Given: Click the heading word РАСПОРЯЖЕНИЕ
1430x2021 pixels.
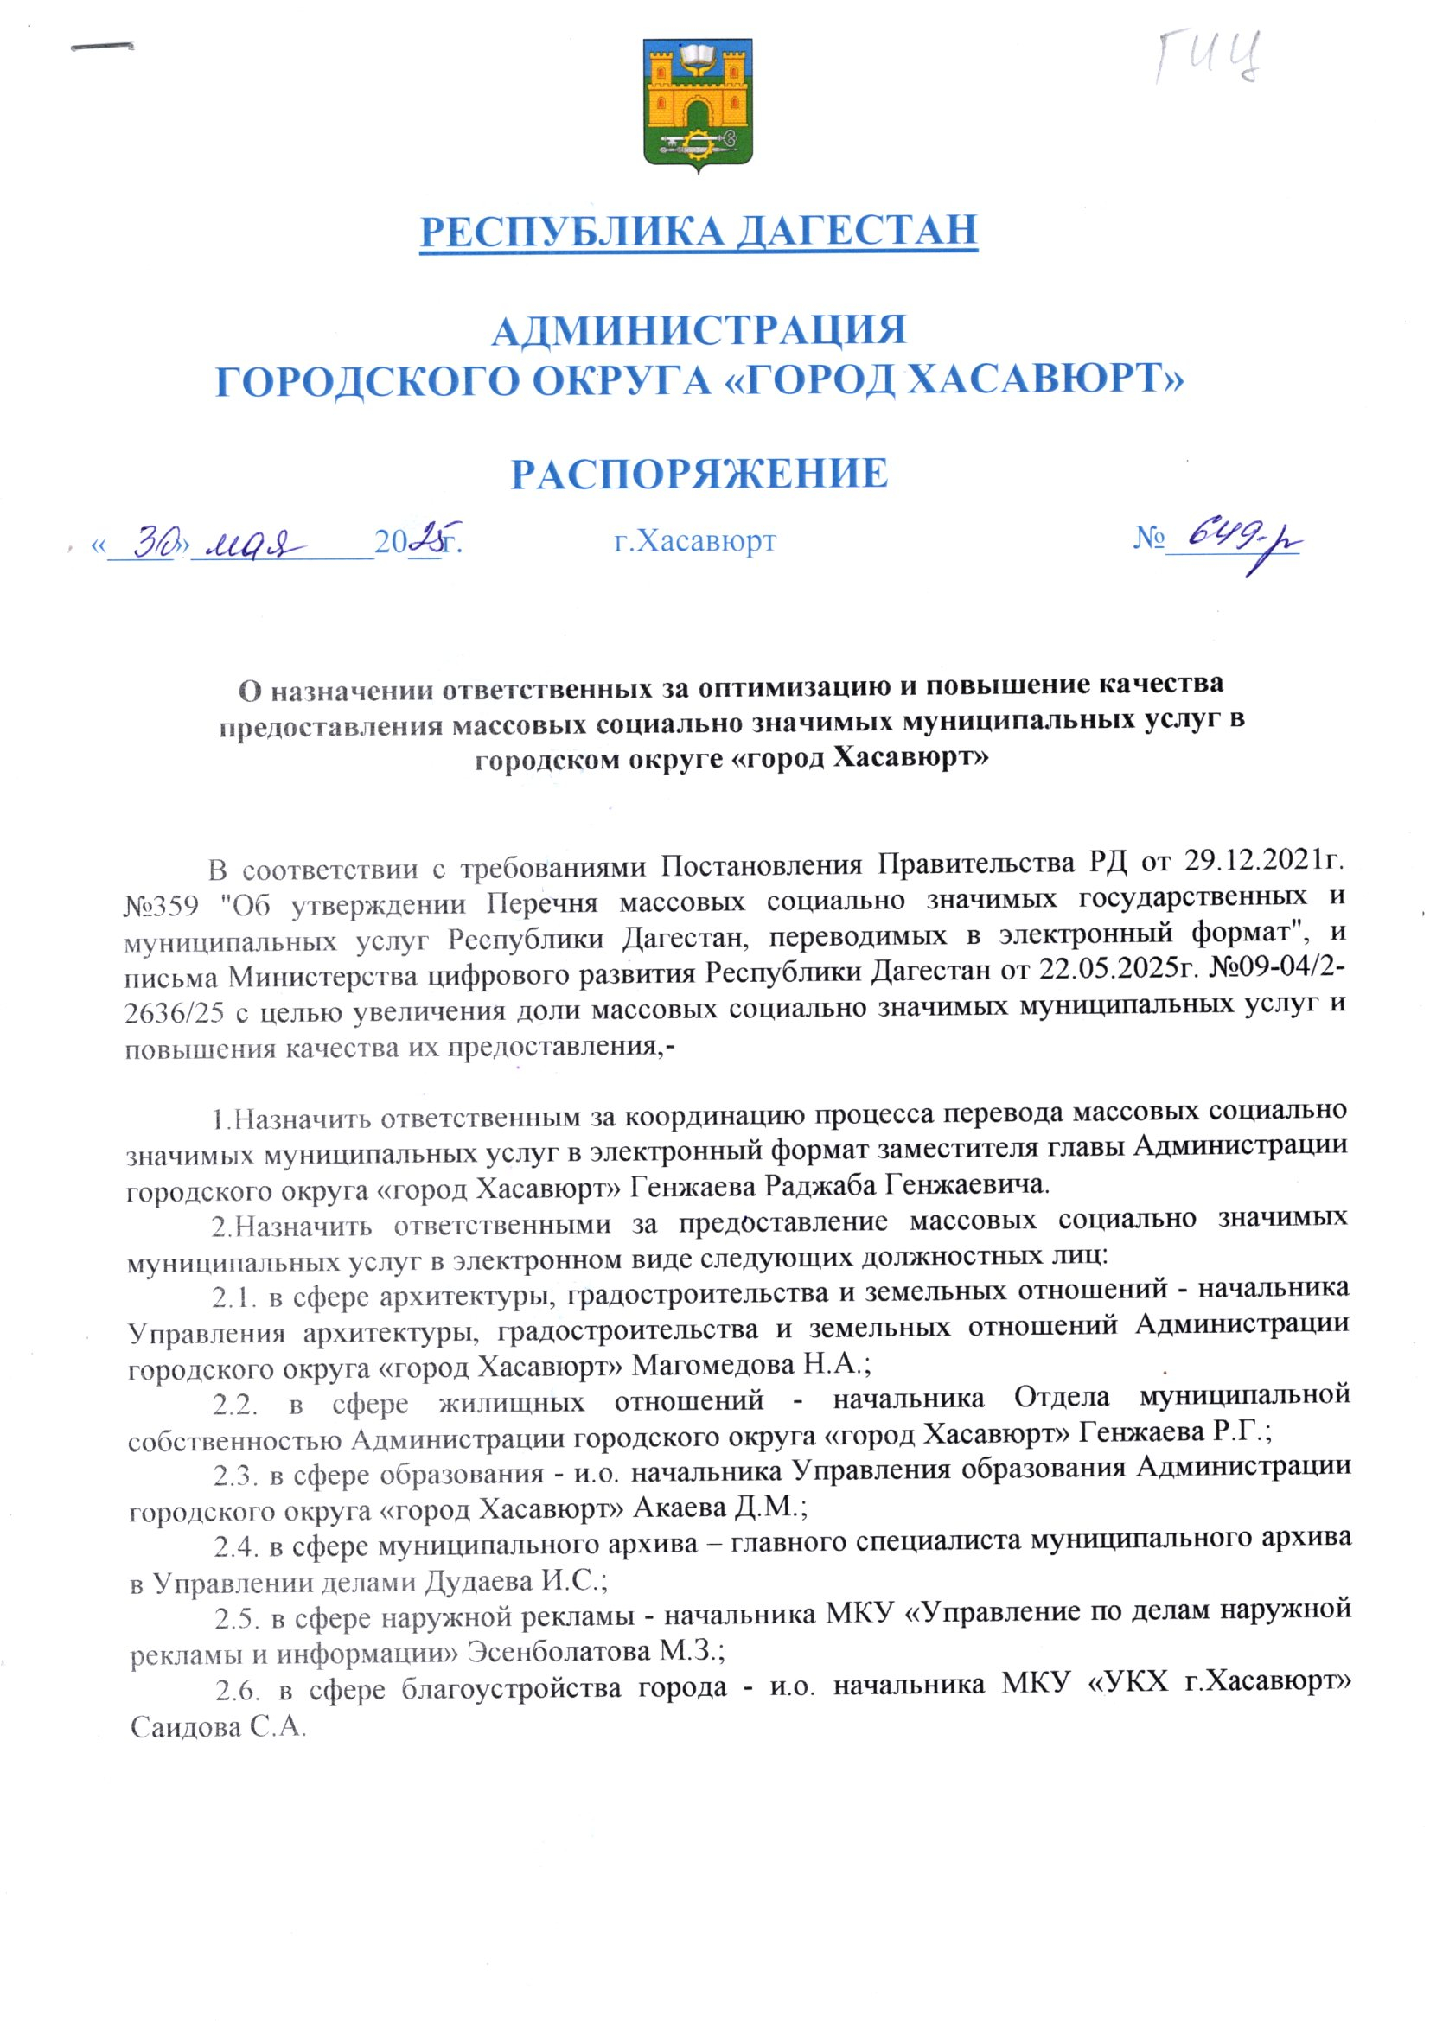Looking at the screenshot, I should pyautogui.click(x=700, y=474).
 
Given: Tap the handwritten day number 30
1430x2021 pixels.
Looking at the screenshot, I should pyautogui.click(x=156, y=539).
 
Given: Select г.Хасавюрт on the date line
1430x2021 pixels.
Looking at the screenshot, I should pyautogui.click(x=695, y=539).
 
